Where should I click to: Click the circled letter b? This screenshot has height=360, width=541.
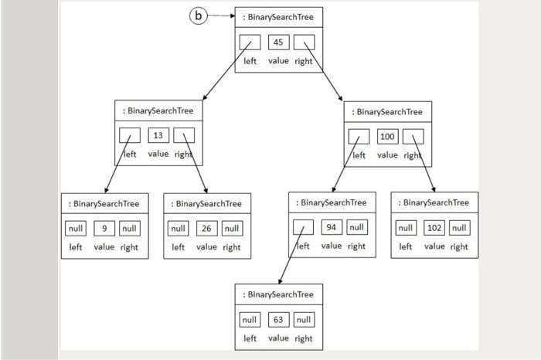pyautogui.click(x=199, y=15)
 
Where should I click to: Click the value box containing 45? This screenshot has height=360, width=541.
pyautogui.click(x=278, y=42)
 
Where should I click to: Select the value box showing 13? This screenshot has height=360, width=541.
pyautogui.click(x=158, y=135)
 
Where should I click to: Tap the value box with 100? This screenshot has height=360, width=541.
pyautogui.click(x=387, y=137)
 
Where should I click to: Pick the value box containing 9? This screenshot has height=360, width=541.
pyautogui.click(x=104, y=229)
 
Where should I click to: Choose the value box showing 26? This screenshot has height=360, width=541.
pyautogui.click(x=206, y=229)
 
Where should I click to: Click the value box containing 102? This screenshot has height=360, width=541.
pyautogui.click(x=434, y=228)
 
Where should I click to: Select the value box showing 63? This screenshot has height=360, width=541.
pyautogui.click(x=278, y=319)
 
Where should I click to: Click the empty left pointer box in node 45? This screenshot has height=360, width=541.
pyautogui.click(x=250, y=42)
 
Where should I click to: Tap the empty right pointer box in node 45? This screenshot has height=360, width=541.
pyautogui.click(x=304, y=42)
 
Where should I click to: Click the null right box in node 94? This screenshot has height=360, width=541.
pyautogui.click(x=356, y=227)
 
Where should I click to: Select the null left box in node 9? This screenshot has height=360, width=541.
pyautogui.click(x=76, y=229)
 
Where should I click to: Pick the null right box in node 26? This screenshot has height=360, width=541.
pyautogui.click(x=232, y=229)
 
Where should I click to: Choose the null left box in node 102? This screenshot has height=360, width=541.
pyautogui.click(x=406, y=228)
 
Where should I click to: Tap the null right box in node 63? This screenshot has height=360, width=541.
pyautogui.click(x=304, y=319)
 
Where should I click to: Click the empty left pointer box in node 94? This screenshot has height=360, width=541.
pyautogui.click(x=303, y=227)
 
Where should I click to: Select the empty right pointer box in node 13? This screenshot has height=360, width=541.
pyautogui.click(x=184, y=135)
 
